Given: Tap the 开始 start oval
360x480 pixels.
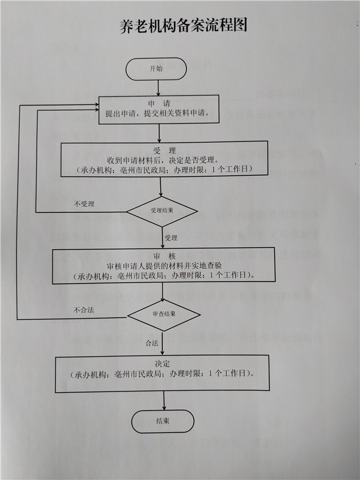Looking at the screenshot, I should point(157,68).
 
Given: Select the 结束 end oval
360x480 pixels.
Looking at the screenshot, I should point(163,421).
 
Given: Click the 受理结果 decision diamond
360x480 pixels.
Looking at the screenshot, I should point(161,211).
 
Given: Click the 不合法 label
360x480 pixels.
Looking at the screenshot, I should point(84,310).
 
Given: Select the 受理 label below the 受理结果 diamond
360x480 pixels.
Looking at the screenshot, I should point(170,238).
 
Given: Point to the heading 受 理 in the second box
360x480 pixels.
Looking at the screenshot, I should point(163,149).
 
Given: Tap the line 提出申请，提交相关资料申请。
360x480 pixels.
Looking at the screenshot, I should point(157,113).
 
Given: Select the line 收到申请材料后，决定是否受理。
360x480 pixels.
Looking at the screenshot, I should point(163,160).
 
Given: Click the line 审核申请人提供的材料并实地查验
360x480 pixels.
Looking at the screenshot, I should point(163,266).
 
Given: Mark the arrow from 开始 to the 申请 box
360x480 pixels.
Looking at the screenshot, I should point(157,87).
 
